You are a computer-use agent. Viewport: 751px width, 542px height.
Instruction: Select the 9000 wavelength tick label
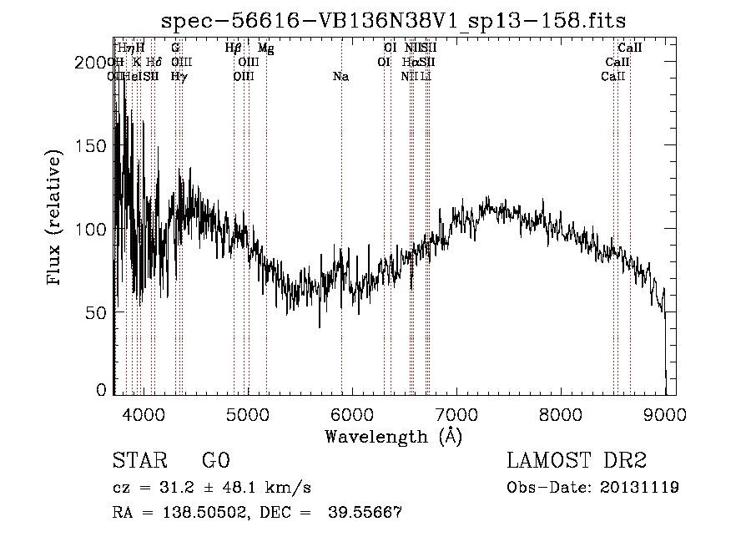(664, 413)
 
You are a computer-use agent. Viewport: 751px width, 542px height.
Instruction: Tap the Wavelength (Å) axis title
(393, 436)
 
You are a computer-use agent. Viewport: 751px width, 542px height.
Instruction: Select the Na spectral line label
(340, 76)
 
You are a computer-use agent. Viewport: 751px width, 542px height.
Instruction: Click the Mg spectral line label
(265, 48)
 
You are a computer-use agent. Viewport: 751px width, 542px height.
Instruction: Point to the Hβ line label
(234, 48)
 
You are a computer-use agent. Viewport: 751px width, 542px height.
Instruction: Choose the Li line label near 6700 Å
(426, 76)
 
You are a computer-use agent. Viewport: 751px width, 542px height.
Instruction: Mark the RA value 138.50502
(204, 514)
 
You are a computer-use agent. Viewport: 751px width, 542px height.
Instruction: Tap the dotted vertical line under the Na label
(341, 209)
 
